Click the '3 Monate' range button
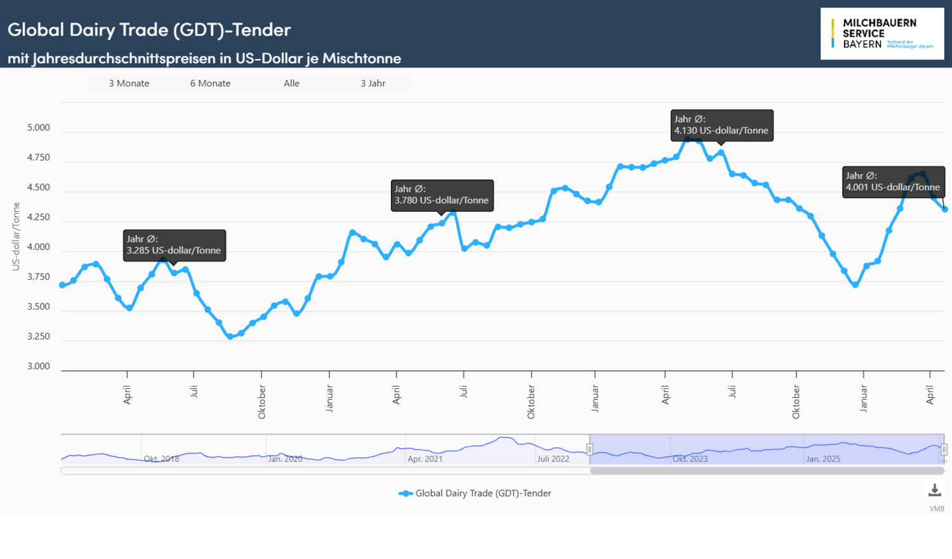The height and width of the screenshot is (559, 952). pos(129,83)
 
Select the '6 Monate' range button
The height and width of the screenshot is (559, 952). pos(210,83)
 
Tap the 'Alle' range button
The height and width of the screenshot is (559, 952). pos(291,83)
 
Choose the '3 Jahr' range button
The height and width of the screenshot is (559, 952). pos(373,83)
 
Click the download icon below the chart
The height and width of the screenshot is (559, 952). pos(934,490)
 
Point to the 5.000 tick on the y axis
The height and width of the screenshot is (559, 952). pos(38,128)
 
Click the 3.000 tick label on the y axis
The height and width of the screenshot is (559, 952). pos(38,366)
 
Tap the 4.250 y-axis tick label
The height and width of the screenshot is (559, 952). pos(38,217)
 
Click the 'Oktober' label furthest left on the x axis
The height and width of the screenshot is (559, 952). pos(261,402)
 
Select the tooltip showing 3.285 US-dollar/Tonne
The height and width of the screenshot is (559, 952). pos(174,245)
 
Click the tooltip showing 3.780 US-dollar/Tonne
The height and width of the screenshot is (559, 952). pos(442,195)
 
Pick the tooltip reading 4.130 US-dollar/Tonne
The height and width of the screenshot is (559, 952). pos(722,125)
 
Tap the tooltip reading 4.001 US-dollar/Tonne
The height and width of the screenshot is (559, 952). pos(892,181)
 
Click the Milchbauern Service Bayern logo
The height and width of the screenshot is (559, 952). pos(882,34)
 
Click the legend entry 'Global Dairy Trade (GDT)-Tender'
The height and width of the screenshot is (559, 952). pos(482,493)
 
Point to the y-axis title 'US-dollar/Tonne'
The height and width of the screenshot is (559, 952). pos(16,236)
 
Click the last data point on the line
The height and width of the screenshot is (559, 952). pos(945,209)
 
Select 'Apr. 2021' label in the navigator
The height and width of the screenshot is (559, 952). pos(425,459)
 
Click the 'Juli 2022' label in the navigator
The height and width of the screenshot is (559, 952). pos(553,459)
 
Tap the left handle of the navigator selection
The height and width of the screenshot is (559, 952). pos(590,449)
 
